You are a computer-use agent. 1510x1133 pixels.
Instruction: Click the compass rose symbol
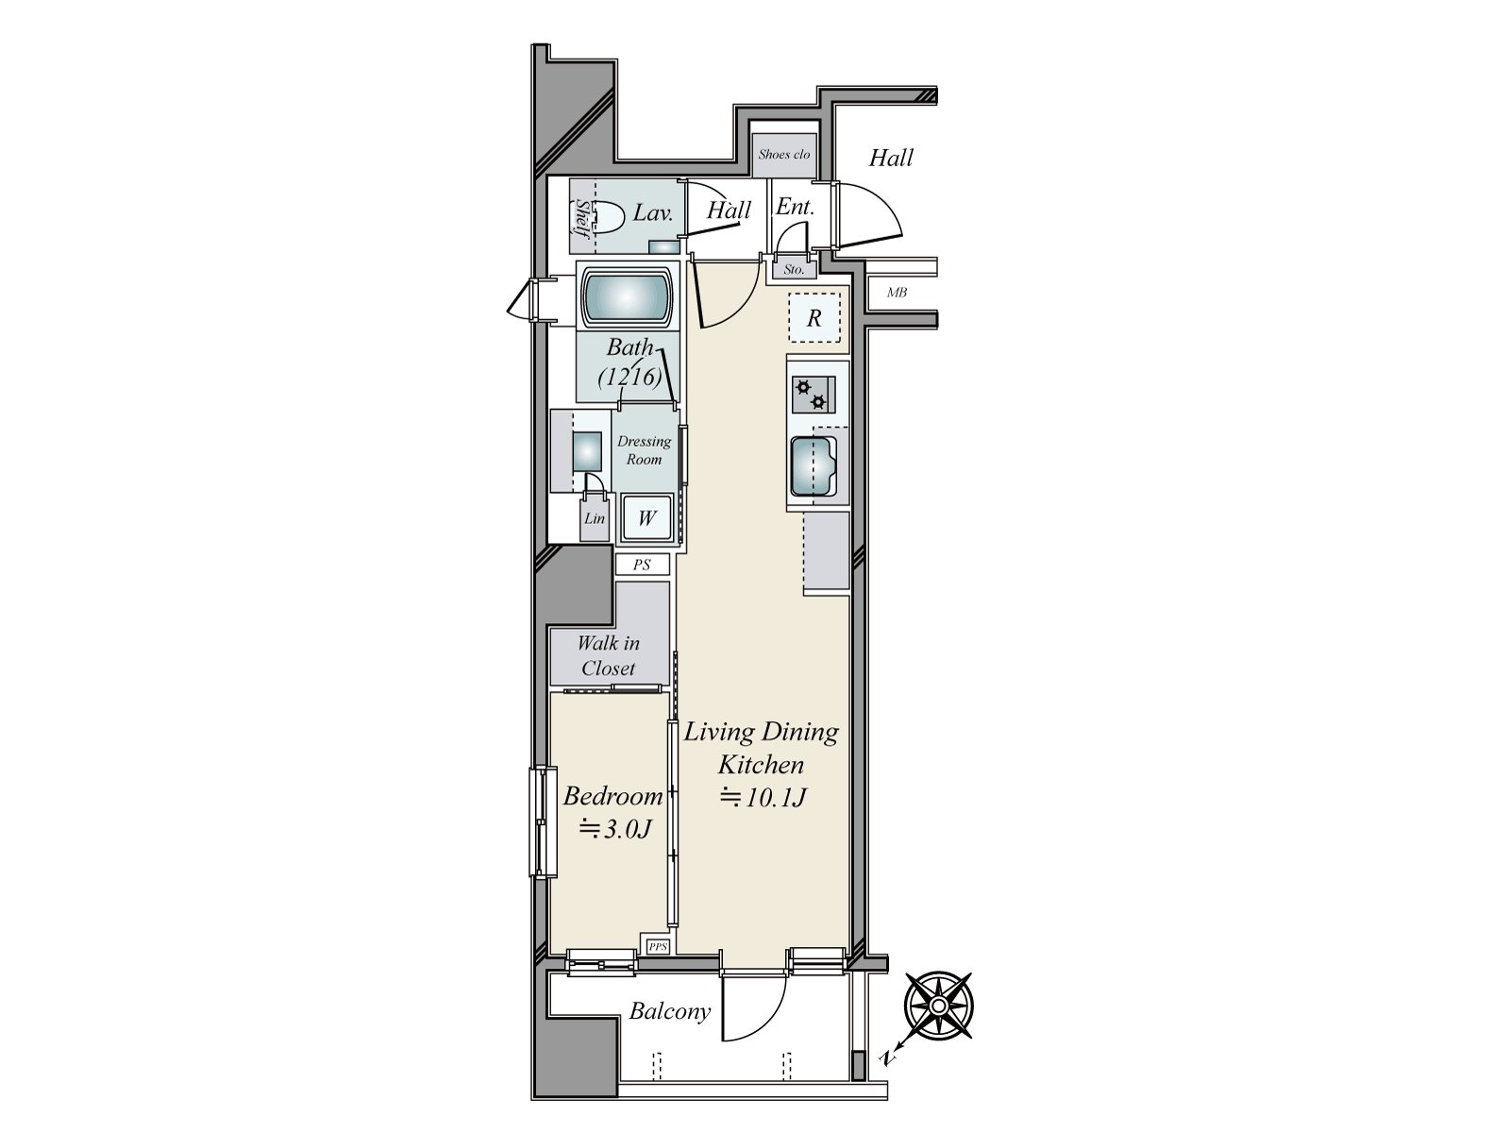point(938,1006)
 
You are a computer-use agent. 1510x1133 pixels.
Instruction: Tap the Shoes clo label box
point(784,154)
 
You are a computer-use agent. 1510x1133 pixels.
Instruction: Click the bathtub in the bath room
point(627,296)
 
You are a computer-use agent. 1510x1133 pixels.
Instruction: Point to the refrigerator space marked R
point(814,318)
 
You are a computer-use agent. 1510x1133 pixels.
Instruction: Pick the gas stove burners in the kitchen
point(813,395)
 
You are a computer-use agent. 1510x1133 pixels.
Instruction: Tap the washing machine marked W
point(646,518)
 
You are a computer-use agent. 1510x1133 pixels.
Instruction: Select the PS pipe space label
point(643,565)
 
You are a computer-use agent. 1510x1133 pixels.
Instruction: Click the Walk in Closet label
point(609,655)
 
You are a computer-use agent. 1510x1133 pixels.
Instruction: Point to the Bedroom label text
point(612,796)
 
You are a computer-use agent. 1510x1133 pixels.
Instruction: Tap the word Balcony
point(669,1011)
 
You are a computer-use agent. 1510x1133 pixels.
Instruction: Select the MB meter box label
point(897,293)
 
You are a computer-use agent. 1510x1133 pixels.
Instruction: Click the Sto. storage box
point(795,269)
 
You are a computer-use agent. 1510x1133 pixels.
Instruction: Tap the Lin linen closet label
point(595,518)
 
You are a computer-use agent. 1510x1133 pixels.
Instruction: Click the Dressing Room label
point(645,450)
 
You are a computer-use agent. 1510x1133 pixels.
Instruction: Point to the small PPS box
point(658,945)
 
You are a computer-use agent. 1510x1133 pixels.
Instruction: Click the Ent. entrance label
point(795,207)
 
